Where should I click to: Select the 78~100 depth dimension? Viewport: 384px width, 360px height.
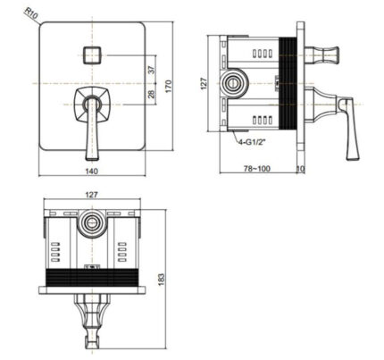pyautogui.click(x=259, y=168)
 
